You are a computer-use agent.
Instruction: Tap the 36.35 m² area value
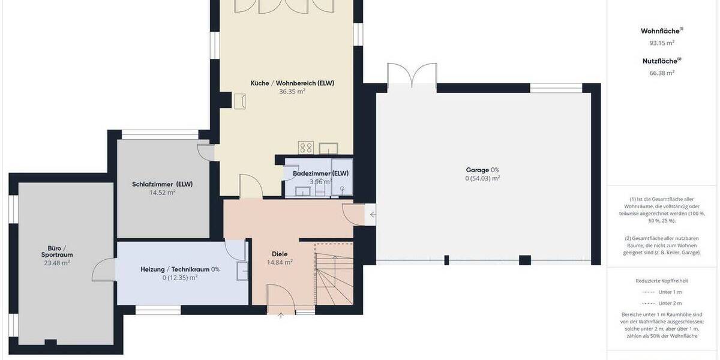click(292, 92)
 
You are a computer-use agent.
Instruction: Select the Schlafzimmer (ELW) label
click(162, 184)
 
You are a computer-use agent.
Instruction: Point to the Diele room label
click(280, 254)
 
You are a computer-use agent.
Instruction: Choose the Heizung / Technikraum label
click(179, 269)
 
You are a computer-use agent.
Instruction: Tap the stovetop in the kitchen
click(306, 148)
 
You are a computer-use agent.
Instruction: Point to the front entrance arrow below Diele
click(281, 316)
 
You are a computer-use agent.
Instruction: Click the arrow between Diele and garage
click(373, 214)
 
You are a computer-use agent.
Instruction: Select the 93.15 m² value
click(662, 43)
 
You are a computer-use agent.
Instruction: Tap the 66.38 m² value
click(662, 73)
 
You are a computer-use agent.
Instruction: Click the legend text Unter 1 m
click(670, 292)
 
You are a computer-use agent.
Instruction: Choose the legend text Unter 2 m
click(670, 303)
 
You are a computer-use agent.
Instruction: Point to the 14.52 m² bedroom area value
click(162, 193)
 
